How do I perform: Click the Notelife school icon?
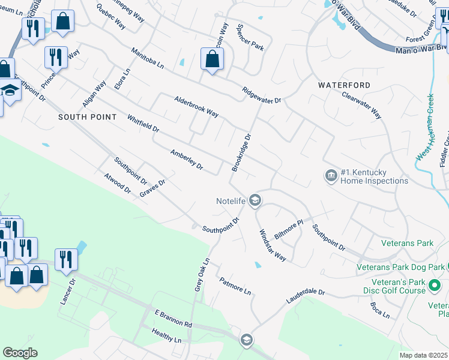(255, 200)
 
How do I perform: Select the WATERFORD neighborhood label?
(345, 86)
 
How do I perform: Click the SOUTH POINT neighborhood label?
(88, 117)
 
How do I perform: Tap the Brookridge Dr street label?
(241, 152)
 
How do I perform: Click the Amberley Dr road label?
(187, 160)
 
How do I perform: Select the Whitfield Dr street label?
(143, 124)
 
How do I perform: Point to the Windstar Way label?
(272, 245)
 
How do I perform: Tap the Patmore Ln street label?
(235, 285)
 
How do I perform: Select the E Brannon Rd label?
(173, 319)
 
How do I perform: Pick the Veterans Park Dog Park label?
(401, 266)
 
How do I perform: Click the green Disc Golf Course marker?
(435, 290)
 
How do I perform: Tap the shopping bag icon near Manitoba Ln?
(212, 59)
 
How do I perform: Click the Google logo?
(20, 352)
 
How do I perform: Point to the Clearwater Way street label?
(362, 104)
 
